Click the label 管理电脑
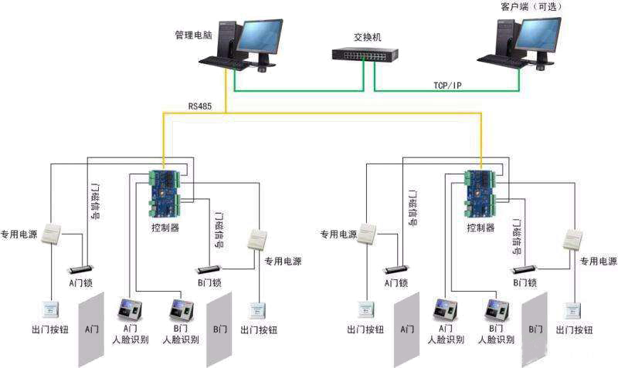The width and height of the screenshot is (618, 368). [x=194, y=35]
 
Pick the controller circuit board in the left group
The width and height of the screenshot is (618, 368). [x=165, y=194]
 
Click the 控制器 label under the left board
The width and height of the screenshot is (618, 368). [x=165, y=228]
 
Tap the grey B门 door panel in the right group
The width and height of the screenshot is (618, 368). [x=534, y=328]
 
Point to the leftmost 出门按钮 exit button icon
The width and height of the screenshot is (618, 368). [x=51, y=309]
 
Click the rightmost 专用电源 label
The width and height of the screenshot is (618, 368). [x=599, y=262]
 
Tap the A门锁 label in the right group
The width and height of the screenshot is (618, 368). [x=396, y=283]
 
